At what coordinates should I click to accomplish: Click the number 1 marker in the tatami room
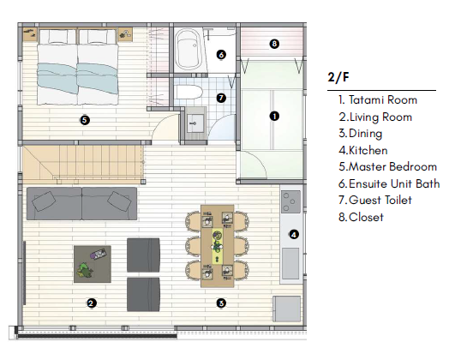pyautogui.click(x=274, y=116)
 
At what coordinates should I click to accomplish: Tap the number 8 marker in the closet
pyautogui.click(x=274, y=44)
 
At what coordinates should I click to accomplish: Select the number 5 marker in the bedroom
pyautogui.click(x=85, y=120)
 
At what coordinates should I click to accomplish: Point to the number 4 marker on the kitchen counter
pyautogui.click(x=294, y=235)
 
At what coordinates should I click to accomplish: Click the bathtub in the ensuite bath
pyautogui.click(x=188, y=49)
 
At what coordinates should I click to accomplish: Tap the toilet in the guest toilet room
pyautogui.click(x=189, y=93)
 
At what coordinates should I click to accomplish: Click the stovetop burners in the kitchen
pyautogui.click(x=290, y=201)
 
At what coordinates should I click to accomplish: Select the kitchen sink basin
pyautogui.click(x=290, y=264)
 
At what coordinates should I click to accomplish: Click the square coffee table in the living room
pyautogui.click(x=93, y=264)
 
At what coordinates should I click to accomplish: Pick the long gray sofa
pyautogui.click(x=81, y=203)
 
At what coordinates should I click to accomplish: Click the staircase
pyautogui.click(x=83, y=164)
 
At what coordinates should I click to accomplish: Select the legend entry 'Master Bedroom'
pyautogui.click(x=387, y=166)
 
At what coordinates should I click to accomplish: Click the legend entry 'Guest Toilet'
pyautogui.click(x=375, y=200)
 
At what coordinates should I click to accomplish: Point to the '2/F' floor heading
pyautogui.click(x=338, y=77)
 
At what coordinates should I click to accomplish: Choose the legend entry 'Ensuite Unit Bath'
pyautogui.click(x=389, y=183)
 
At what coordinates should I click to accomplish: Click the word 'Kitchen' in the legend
pyautogui.click(x=368, y=150)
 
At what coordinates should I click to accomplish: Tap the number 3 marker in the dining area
pyautogui.click(x=221, y=303)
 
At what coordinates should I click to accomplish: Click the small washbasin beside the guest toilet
pyautogui.click(x=195, y=123)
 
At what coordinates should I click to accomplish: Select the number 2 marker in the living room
pyautogui.click(x=91, y=303)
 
